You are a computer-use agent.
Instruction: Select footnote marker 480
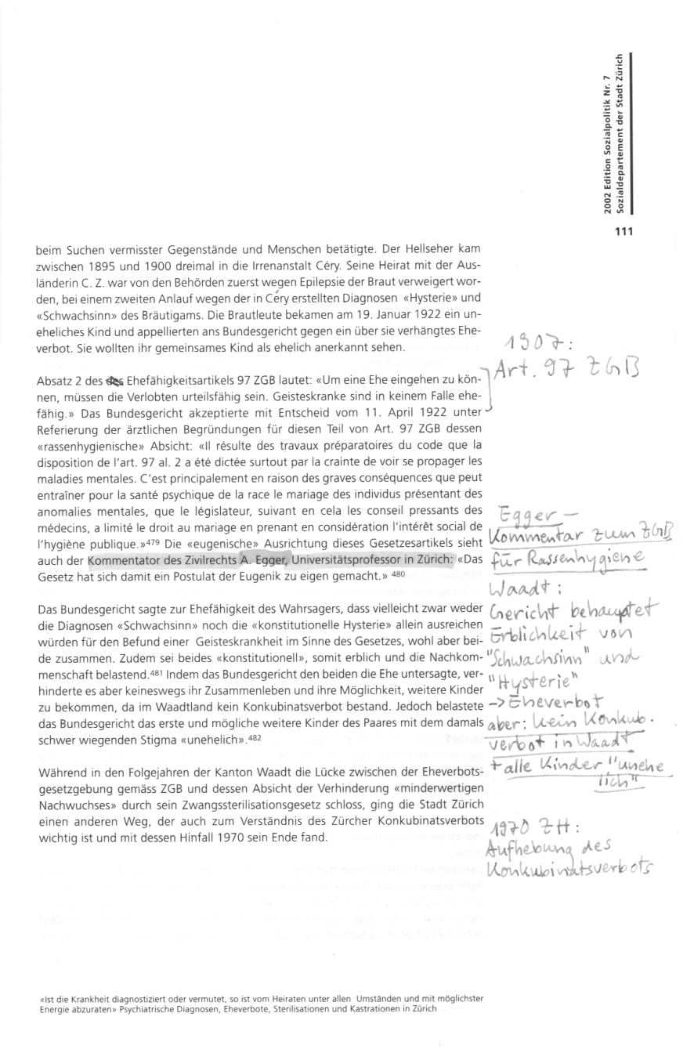(x=399, y=552)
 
